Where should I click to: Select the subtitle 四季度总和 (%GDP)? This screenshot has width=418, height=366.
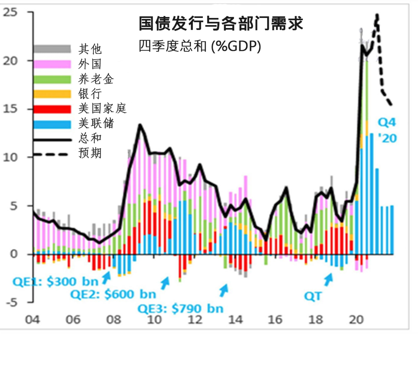click(x=200, y=46)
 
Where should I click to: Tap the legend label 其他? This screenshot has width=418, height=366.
click(x=90, y=49)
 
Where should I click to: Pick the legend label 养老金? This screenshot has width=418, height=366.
click(x=96, y=79)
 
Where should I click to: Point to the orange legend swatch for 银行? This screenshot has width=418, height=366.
click(x=52, y=94)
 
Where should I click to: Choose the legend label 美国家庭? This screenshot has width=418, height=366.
click(x=102, y=108)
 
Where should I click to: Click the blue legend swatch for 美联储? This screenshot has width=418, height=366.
click(x=52, y=124)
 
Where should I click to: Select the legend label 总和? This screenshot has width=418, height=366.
click(x=90, y=138)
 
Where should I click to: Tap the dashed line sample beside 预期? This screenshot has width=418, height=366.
click(x=51, y=154)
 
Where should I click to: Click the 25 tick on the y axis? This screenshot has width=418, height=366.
click(x=10, y=12)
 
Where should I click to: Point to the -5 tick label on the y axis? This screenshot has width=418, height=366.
click(x=12, y=302)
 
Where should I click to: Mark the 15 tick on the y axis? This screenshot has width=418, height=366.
click(x=10, y=109)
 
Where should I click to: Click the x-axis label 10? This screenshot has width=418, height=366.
click(x=154, y=320)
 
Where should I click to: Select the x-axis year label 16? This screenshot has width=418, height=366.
click(x=275, y=320)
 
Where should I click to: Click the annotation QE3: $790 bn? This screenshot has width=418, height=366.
click(x=180, y=309)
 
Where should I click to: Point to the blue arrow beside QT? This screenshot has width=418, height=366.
click(x=328, y=280)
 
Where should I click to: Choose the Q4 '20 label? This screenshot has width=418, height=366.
click(x=387, y=131)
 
